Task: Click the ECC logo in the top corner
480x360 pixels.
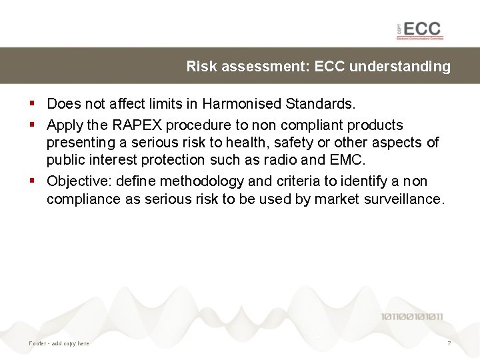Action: point(419,31)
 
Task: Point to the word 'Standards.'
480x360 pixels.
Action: point(321,104)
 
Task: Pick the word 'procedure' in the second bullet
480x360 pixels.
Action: point(198,125)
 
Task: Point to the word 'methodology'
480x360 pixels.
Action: point(187,181)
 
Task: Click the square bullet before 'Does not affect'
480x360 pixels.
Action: point(32,103)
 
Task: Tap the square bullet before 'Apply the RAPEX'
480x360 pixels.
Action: point(32,125)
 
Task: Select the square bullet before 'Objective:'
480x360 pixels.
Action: point(32,181)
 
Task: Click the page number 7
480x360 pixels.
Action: point(449,343)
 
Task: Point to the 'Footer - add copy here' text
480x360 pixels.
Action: point(59,343)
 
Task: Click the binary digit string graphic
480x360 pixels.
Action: point(411,317)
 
